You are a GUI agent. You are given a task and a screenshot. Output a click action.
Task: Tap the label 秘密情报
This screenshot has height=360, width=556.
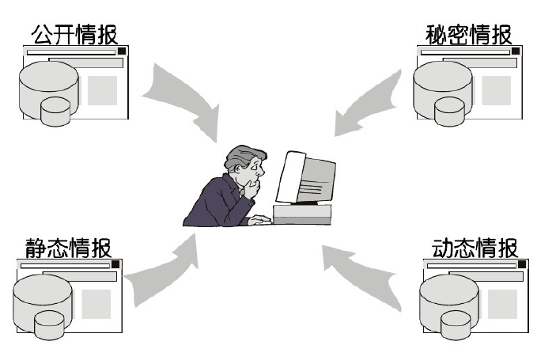[469, 34]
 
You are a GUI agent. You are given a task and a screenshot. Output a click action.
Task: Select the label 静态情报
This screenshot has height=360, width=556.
[69, 248]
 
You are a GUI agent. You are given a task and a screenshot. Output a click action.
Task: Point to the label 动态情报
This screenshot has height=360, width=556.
[475, 248]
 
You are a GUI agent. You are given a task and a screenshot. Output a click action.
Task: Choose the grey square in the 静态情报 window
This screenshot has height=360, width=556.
[96, 303]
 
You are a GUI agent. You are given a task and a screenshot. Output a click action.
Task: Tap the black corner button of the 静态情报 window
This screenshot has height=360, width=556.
[115, 264]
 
